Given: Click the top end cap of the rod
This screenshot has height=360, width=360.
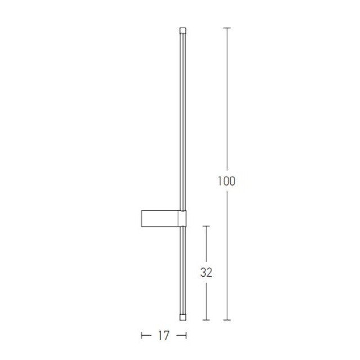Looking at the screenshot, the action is click(183, 31).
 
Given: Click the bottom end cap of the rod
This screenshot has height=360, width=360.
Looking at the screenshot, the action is click(183, 317).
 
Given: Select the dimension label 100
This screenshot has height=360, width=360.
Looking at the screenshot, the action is click(226, 181).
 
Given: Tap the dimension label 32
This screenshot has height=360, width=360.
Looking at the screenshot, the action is click(206, 272).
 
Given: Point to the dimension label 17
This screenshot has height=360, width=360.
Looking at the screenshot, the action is click(164, 336).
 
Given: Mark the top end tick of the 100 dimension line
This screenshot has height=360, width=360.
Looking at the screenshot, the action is click(227, 28).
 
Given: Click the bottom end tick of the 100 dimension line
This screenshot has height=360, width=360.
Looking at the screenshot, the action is click(227, 320).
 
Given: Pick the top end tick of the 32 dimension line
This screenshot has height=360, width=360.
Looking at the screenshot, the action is click(206, 226).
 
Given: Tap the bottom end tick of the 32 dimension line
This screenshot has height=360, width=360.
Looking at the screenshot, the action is click(206, 320).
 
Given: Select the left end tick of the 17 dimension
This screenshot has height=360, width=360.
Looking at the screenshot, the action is click(141, 336).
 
